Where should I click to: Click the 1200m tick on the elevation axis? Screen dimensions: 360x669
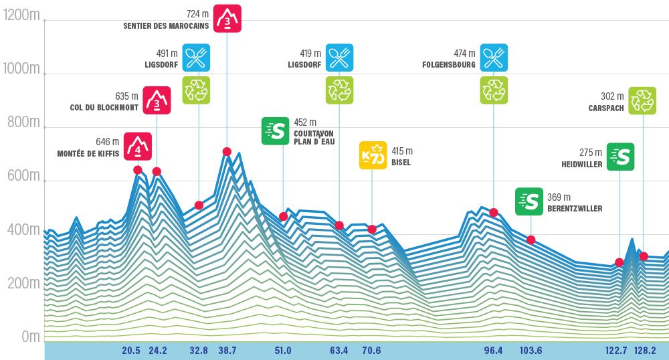[x=21, y=15]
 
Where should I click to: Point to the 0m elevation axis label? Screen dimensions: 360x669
[x=31, y=337]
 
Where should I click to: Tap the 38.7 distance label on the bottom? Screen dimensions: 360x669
[x=227, y=350]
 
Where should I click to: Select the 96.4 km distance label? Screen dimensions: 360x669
[x=494, y=350]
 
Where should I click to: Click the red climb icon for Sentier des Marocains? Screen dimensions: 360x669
[x=227, y=18]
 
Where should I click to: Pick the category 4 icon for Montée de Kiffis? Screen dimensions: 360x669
[x=137, y=146]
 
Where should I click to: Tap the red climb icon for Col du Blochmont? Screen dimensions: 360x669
[x=157, y=100]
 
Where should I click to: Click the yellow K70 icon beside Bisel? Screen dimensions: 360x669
[x=373, y=155]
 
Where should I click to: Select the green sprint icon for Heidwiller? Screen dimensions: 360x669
[x=620, y=157]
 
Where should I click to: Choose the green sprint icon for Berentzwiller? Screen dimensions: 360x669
[x=529, y=201]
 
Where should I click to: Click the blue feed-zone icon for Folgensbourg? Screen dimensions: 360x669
[x=494, y=58]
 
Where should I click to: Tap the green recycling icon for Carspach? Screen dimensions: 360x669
[x=643, y=100]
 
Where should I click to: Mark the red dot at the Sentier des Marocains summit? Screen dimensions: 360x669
[x=227, y=151]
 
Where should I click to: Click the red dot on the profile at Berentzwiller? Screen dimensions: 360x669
[x=531, y=240]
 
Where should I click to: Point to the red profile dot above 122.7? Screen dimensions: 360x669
[x=619, y=262]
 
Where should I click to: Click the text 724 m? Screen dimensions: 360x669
[x=198, y=13]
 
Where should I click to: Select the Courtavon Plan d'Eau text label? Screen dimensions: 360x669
[x=314, y=137]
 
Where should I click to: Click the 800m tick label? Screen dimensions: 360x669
[x=21, y=122]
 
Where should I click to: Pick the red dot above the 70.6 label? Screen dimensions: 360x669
[x=372, y=230]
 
